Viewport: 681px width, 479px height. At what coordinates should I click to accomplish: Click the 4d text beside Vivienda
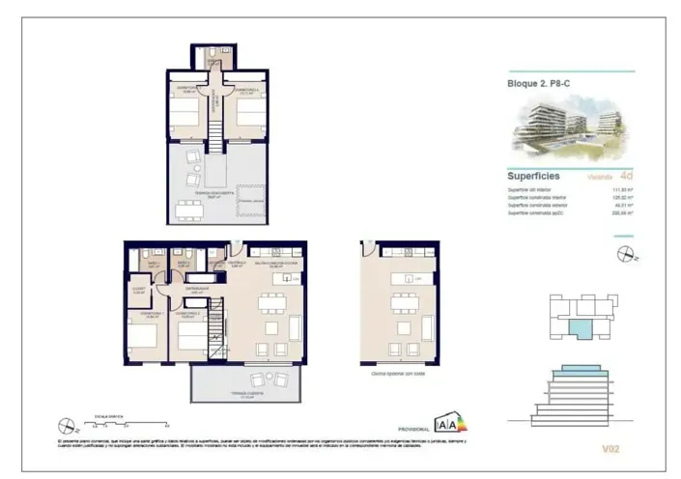[627, 176]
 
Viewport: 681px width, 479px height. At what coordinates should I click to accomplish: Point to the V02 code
[610, 448]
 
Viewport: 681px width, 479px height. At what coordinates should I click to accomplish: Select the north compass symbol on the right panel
[624, 255]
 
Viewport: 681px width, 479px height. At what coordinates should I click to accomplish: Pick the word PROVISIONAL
[412, 428]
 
